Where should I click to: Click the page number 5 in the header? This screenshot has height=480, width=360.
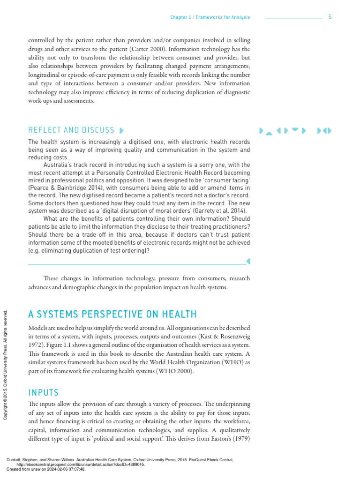coord(330,17)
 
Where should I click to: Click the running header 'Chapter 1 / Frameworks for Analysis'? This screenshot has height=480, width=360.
coord(210,17)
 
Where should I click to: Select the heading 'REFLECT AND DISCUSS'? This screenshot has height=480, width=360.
coord(71,130)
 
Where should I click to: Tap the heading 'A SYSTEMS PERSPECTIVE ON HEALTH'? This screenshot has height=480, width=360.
coord(112,314)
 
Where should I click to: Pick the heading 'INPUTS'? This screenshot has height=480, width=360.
coord(44,392)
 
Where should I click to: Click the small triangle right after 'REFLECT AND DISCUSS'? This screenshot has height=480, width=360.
coord(122,130)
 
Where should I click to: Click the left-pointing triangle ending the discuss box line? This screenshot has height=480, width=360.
coord(248,261)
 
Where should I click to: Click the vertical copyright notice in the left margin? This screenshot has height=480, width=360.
coord(5,364)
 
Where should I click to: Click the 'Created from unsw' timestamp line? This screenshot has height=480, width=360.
coord(46,469)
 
